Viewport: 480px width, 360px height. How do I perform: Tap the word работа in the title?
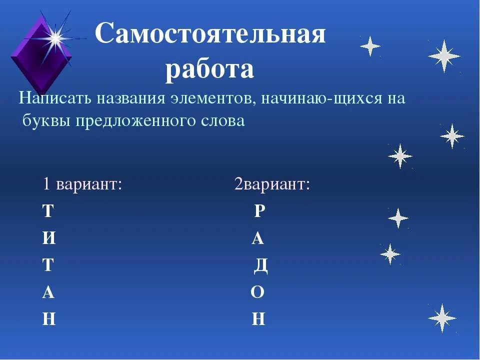pyautogui.click(x=209, y=70)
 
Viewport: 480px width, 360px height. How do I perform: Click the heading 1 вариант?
pyautogui.click(x=83, y=184)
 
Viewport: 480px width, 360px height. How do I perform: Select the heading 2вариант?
pyautogui.click(x=272, y=184)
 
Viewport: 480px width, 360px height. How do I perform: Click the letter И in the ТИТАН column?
pyautogui.click(x=49, y=238)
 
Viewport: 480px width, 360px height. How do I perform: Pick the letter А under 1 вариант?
pyautogui.click(x=48, y=292)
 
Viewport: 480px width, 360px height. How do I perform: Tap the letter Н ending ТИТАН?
pyautogui.click(x=49, y=319)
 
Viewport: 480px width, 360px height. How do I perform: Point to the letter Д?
pyautogui.click(x=261, y=265)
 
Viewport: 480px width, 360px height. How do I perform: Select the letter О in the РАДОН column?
pyautogui.click(x=257, y=292)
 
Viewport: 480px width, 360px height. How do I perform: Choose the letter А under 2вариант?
pyautogui.click(x=258, y=238)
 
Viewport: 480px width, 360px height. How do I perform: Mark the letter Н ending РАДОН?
pyautogui.click(x=258, y=319)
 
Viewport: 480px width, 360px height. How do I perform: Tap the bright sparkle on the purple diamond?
pyautogui.click(x=55, y=36)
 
